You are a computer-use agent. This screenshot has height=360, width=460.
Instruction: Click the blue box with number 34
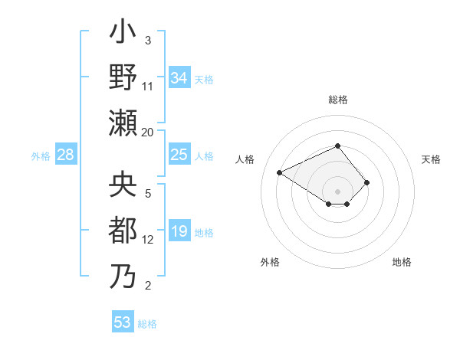179,78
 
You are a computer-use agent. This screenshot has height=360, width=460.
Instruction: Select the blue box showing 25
179,155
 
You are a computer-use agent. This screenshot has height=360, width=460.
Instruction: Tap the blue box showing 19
179,231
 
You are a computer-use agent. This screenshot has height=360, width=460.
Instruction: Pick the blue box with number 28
66,155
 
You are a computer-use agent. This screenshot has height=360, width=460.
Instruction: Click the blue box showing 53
123,322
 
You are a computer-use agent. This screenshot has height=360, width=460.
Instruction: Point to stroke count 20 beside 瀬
148,132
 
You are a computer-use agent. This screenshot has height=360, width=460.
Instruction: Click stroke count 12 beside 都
148,239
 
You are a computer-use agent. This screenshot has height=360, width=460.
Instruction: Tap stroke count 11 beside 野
148,87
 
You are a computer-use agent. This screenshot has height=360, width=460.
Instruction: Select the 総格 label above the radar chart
338,100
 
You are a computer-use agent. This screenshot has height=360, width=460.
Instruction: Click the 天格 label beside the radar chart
431,159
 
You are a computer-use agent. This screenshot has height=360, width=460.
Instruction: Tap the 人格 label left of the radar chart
245,159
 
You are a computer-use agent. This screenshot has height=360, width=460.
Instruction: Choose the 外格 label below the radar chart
270,262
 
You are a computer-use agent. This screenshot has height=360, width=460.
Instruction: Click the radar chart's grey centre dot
338,191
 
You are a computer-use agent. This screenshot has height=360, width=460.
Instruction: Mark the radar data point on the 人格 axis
281,172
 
